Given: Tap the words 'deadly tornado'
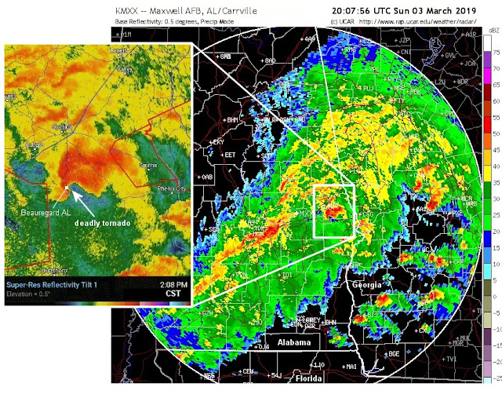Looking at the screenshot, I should click(x=101, y=223).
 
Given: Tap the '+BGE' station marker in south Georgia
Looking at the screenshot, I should click(x=391, y=354).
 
